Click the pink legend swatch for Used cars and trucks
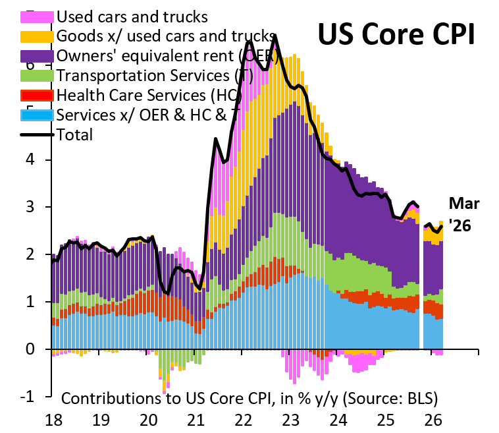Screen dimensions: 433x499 coord(38,15)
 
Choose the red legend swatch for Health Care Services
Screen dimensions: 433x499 coord(38,95)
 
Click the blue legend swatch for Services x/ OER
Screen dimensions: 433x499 coord(38,115)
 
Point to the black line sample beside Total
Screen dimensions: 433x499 coord(38,134)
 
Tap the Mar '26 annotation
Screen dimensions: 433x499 coord(465,215)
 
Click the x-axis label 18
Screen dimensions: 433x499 coord(53,419)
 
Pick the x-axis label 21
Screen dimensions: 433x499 coord(196,419)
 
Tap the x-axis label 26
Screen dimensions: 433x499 coord(434,419)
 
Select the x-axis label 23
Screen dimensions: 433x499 coord(292,419)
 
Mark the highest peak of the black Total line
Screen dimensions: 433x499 coord(275,36)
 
